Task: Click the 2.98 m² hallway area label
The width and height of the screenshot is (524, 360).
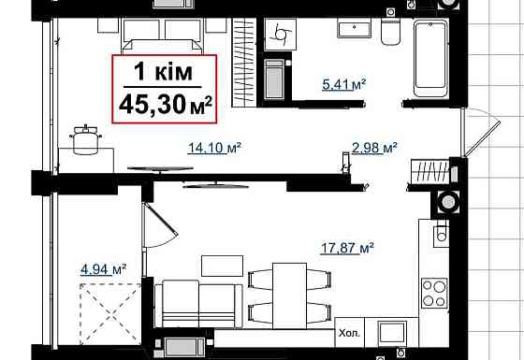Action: pyautogui.click(x=374, y=146)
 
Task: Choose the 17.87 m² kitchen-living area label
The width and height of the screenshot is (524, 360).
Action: pyautogui.click(x=349, y=248)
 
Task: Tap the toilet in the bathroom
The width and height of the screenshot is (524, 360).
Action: pyautogui.click(x=391, y=33)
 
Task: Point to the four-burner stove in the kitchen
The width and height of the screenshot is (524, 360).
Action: pyautogui.click(x=435, y=293)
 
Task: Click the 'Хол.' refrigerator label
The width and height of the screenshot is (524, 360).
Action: pyautogui.click(x=350, y=330)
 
